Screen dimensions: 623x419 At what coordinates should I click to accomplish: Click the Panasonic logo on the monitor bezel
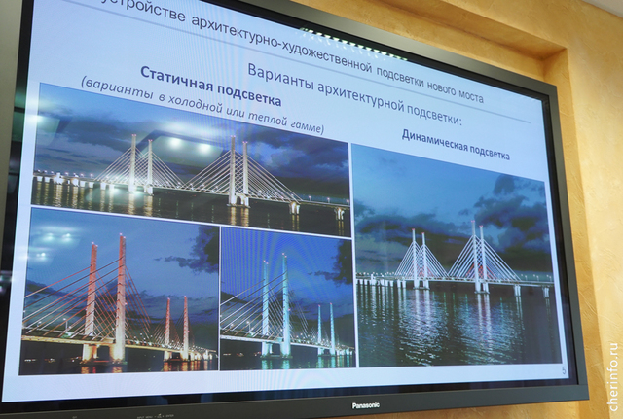tap(366, 405)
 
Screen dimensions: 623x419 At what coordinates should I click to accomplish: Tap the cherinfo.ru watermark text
tap(613, 377)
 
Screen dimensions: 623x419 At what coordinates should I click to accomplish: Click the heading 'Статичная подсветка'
tap(211, 87)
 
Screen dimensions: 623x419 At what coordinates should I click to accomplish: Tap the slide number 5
tap(564, 371)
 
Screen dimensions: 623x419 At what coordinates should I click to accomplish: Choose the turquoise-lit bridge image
tap(287, 298)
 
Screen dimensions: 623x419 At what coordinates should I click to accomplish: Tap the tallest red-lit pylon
tap(120, 297)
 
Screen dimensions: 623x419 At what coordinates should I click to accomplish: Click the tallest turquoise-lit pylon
tap(285, 304)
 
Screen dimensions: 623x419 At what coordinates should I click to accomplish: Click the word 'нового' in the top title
tap(440, 87)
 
